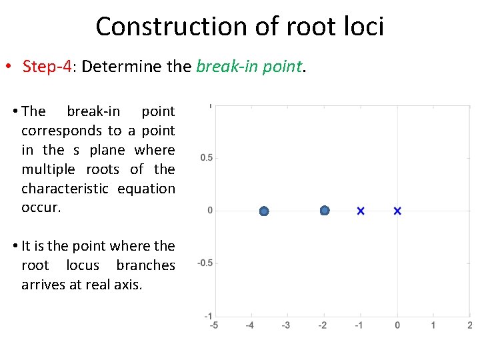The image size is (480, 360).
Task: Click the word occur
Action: click(x=41, y=207)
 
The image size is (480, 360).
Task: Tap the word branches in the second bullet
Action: click(x=145, y=265)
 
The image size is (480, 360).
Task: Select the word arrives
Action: click(x=45, y=285)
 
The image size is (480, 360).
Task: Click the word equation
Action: click(x=146, y=189)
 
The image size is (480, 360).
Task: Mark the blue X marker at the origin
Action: click(x=397, y=211)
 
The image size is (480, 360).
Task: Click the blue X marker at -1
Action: click(x=361, y=211)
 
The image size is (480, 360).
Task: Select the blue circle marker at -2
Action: click(x=325, y=211)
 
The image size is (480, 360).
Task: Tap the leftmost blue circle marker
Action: click(x=264, y=211)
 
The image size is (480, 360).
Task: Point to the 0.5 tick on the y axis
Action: click(x=207, y=158)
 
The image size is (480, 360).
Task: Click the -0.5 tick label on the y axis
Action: click(x=205, y=263)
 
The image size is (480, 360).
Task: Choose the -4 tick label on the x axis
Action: click(x=249, y=325)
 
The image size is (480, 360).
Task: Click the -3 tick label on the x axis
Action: click(x=286, y=325)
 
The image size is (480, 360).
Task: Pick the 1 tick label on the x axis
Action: click(x=433, y=325)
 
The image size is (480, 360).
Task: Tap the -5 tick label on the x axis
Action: click(x=213, y=325)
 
